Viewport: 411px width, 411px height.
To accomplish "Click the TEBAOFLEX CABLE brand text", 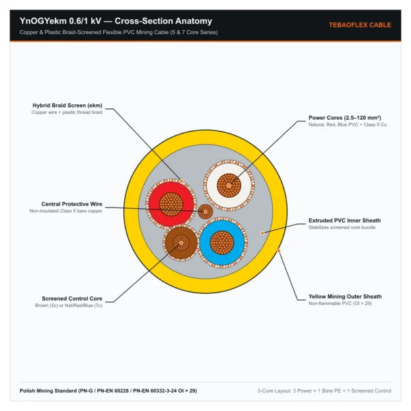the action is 360,25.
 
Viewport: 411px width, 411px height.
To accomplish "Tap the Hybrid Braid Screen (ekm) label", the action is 67,105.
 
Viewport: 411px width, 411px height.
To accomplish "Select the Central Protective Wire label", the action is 71,204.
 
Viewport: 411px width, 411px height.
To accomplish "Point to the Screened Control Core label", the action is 72,299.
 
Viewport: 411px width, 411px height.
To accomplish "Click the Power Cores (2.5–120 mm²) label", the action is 345,118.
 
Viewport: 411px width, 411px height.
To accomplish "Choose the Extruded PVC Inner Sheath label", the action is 345,221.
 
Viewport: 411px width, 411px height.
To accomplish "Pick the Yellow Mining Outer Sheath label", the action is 345,297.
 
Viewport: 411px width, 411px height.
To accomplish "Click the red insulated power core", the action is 171,204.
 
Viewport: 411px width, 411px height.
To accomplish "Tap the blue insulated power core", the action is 222,242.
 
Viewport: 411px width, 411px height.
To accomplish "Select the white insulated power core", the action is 229,186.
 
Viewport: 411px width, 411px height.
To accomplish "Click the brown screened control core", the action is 181,243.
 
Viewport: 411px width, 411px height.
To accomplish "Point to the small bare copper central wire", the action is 206,212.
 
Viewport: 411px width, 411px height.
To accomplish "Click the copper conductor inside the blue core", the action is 222,242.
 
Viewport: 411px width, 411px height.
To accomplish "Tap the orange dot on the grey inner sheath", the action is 262,233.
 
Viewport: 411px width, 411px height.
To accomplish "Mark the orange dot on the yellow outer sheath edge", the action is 279,251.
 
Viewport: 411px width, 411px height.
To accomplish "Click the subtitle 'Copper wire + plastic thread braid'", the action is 67,112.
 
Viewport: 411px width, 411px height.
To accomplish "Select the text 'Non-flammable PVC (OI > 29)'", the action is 340,303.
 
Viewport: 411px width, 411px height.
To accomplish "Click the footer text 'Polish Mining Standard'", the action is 48,391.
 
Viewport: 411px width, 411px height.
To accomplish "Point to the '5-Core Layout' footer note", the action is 324,391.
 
